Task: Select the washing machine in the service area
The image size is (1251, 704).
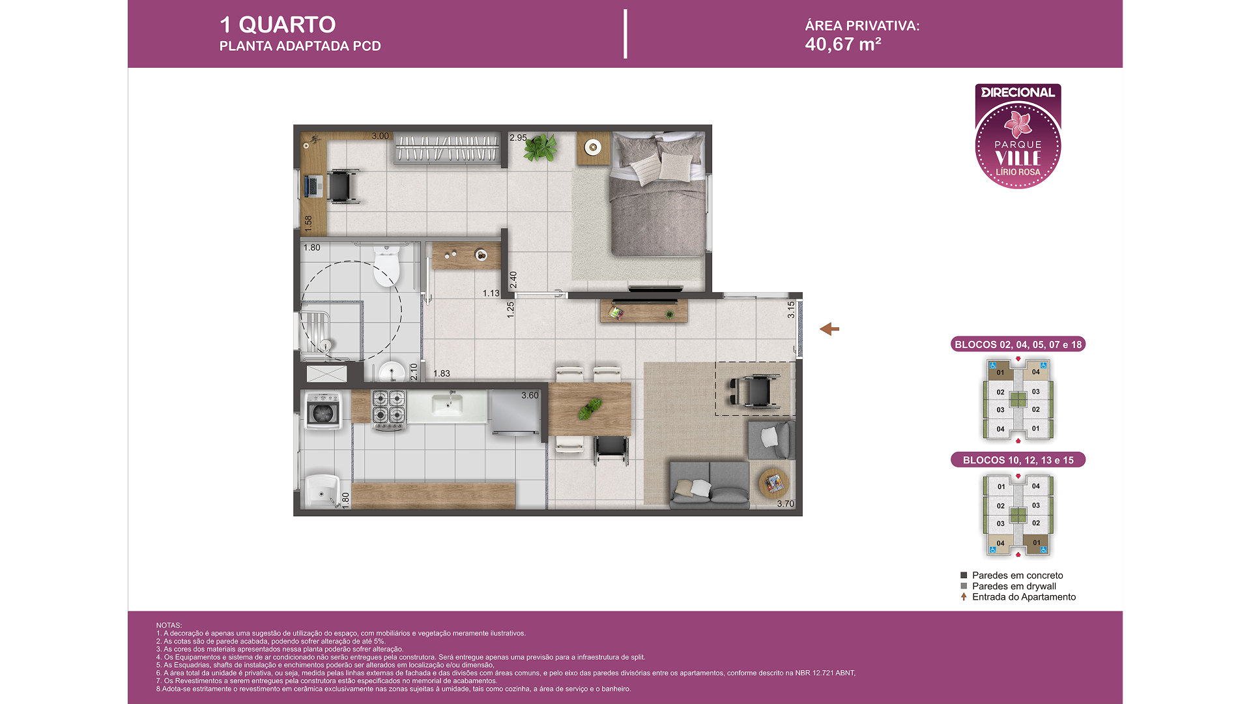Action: point(323,411)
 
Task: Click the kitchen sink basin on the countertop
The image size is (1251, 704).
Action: point(447,405)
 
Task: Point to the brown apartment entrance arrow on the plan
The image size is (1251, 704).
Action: point(829,329)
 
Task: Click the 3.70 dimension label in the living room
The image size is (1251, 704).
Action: point(786,504)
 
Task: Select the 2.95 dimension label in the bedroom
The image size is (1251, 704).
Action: point(519,138)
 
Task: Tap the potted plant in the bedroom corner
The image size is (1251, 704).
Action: point(540,147)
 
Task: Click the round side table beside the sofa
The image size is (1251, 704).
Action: point(774,483)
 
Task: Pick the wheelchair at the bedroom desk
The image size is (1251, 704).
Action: point(342,186)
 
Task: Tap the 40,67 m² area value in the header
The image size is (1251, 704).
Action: point(843,44)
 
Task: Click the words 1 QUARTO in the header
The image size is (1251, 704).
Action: point(278,25)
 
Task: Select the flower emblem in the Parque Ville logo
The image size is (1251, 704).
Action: point(1018,124)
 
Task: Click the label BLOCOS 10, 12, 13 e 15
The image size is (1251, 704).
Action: point(1018,460)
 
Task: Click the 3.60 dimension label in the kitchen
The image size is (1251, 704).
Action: point(530,396)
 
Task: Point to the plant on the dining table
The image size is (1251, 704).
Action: point(591,409)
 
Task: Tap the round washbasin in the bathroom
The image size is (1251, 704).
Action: point(392,372)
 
